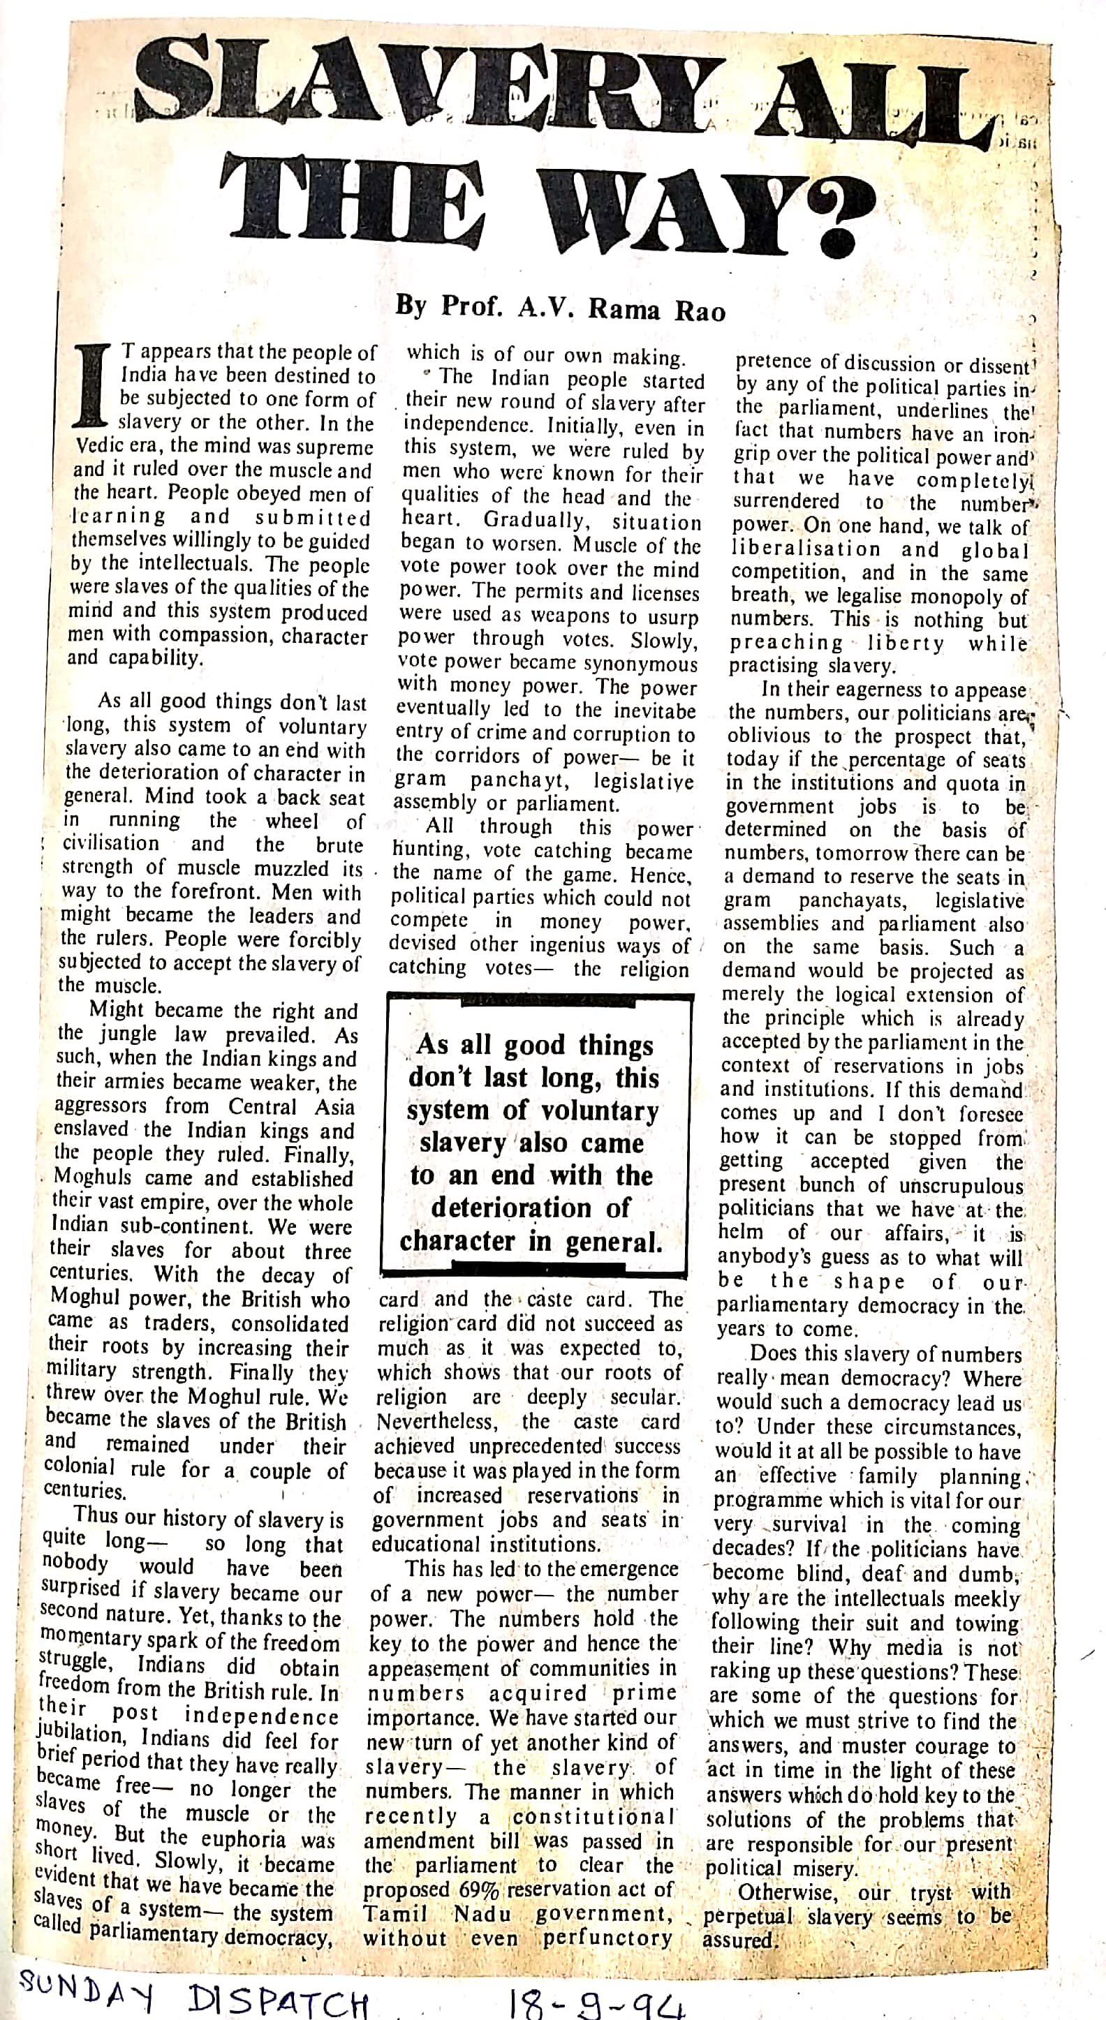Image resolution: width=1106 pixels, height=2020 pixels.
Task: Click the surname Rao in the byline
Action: click(700, 312)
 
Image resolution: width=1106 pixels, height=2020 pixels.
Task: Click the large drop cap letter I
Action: click(96, 389)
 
